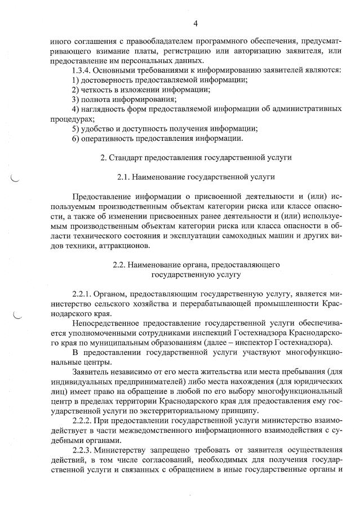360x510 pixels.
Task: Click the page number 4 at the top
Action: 195,23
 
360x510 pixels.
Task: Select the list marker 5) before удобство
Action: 76,128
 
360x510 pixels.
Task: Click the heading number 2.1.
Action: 123,178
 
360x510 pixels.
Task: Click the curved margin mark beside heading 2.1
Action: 15,179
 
